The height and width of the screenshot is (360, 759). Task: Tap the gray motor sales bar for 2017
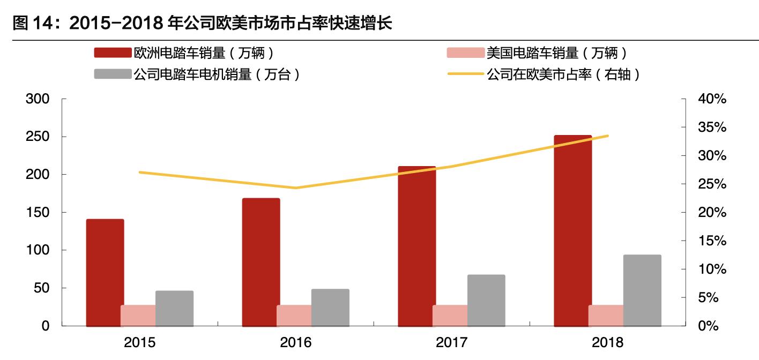[486, 300]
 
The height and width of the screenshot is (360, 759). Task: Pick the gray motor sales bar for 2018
[642, 290]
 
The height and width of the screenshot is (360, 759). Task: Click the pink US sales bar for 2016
[294, 316]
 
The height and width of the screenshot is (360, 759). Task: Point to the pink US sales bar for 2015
[138, 316]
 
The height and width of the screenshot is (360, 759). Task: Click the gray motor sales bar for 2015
[174, 308]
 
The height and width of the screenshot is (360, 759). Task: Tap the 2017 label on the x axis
[452, 342]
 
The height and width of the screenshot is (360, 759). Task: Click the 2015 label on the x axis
[139, 342]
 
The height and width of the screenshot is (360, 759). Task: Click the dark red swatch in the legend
[113, 53]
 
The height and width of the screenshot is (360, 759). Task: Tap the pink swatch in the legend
[465, 53]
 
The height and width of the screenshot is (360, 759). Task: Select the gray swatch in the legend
[113, 74]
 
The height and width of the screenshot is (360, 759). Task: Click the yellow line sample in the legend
[465, 74]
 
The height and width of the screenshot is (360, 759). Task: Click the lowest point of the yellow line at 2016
[295, 188]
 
